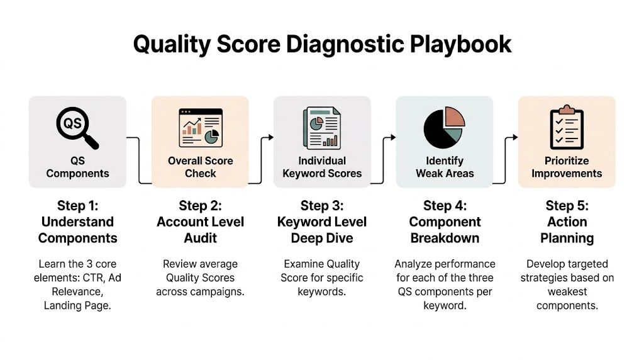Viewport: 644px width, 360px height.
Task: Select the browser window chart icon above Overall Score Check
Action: (x=200, y=128)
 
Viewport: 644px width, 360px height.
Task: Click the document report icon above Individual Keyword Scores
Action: (x=322, y=128)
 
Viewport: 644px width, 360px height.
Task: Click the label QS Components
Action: (x=77, y=167)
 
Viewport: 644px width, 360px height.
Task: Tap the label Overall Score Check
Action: (x=200, y=167)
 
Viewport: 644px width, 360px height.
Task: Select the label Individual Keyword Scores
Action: (x=322, y=167)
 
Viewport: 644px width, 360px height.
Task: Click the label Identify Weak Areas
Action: (x=444, y=167)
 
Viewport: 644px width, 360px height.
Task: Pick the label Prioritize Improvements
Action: (x=567, y=167)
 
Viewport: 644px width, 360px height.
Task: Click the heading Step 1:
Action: (x=77, y=206)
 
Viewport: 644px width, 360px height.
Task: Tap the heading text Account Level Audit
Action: (x=200, y=230)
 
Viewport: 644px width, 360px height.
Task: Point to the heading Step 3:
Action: (x=322, y=206)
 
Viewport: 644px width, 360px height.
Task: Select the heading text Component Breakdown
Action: (x=444, y=230)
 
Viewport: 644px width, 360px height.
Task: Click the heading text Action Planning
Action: (x=567, y=230)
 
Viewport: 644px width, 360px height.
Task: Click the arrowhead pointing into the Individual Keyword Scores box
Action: (x=270, y=137)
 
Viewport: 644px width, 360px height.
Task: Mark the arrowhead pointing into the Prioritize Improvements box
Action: (x=515, y=137)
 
